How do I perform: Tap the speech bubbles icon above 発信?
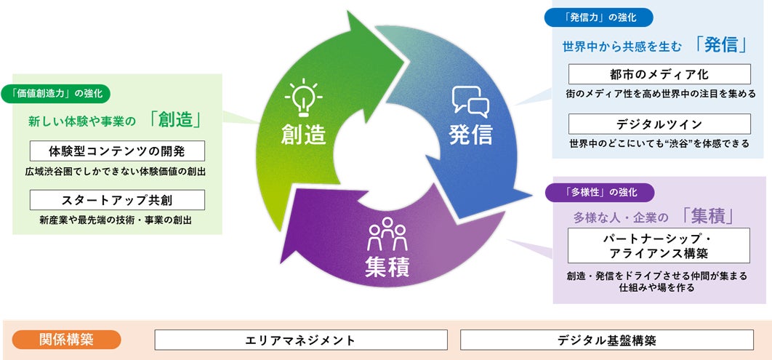470,102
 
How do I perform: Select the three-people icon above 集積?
386,233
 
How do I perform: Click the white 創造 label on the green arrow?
305,135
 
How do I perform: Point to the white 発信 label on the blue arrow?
470,135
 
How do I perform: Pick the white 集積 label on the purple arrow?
386,267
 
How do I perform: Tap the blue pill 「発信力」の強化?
599,17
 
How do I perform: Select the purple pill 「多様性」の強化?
600,193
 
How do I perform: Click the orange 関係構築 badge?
67,340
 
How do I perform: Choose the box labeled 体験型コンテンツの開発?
117,151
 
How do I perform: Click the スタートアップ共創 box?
117,199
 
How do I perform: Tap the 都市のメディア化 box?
659,74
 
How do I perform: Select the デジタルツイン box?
659,124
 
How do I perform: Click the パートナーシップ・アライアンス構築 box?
659,245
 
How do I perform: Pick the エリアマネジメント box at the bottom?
301,340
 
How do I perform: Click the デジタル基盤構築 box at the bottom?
607,340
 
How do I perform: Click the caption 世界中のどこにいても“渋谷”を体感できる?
659,144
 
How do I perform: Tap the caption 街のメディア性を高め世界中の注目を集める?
659,94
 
